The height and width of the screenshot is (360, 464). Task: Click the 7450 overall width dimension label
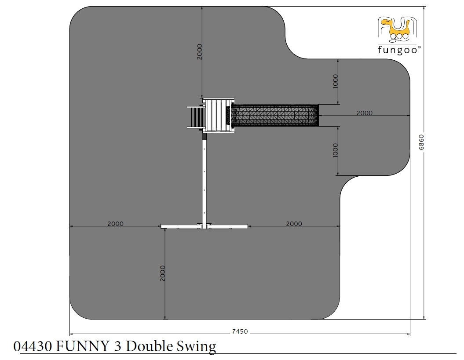point(240,331)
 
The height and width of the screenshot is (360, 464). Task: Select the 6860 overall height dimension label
point(421,142)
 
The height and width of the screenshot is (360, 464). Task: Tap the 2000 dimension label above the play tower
point(199,52)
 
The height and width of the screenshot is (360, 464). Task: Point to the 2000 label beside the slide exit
point(364,113)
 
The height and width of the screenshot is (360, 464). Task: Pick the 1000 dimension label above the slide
point(335,81)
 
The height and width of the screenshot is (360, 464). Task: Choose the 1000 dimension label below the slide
point(335,150)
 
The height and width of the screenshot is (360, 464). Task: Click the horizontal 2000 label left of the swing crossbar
point(115,224)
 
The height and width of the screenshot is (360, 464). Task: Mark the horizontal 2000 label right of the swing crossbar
point(294,224)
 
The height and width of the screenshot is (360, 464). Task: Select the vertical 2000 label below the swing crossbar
point(162,273)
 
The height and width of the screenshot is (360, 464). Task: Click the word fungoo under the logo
point(398,50)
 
